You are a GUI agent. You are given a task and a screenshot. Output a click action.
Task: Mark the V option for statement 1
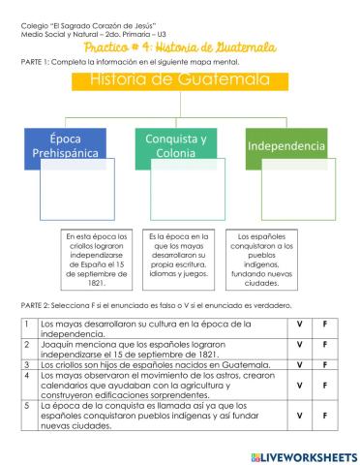pyautogui.click(x=299, y=326)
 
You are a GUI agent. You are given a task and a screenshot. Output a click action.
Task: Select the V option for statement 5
pyautogui.click(x=299, y=417)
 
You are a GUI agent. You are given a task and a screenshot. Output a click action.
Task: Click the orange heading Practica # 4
pyautogui.click(x=180, y=46)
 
